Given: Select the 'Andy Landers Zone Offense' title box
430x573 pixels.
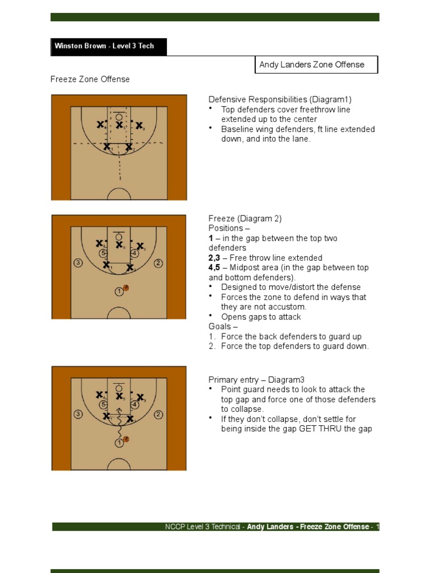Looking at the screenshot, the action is point(316,65).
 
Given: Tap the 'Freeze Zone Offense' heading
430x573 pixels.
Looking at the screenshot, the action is point(90,79).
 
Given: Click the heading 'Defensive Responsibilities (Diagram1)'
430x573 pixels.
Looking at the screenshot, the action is point(280,100).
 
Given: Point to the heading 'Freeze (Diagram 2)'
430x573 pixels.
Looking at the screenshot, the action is point(245,219).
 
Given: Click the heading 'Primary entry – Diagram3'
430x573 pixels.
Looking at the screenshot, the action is point(256,379).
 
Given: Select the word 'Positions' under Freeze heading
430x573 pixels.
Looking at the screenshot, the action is point(225,228).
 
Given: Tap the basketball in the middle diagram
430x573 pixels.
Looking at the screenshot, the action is point(126,289).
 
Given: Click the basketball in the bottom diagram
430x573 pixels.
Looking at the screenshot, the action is point(126,440).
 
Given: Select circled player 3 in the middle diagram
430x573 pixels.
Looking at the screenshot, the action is point(78,263).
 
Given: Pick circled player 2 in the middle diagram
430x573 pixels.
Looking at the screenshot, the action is point(158,263).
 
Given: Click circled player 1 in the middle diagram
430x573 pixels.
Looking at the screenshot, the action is point(119,292).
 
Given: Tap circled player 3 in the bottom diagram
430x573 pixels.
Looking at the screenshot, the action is point(78,415).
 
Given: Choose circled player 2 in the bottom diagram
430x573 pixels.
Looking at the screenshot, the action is point(158,415).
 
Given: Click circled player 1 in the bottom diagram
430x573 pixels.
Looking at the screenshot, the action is point(119,443).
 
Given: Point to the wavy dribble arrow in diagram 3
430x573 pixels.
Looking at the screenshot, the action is point(119,428).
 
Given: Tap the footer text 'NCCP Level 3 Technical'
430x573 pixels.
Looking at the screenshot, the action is point(203,527).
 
